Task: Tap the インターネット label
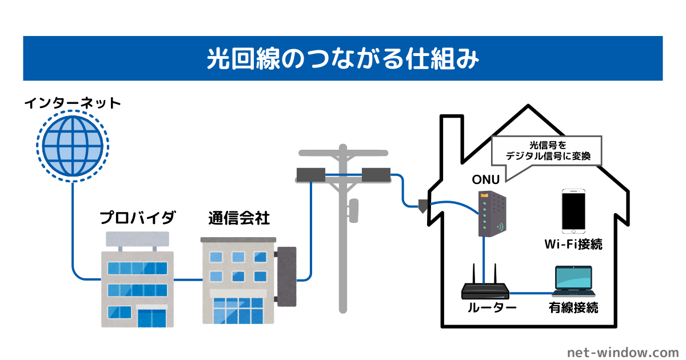(73, 103)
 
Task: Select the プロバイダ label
(137, 218)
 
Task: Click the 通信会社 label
(239, 218)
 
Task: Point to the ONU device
(492, 214)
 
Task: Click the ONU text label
(485, 179)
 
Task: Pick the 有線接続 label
(573, 308)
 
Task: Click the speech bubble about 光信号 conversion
(547, 150)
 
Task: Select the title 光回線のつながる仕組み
(342, 59)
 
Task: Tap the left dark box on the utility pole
(310, 174)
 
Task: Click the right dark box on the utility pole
(376, 174)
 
